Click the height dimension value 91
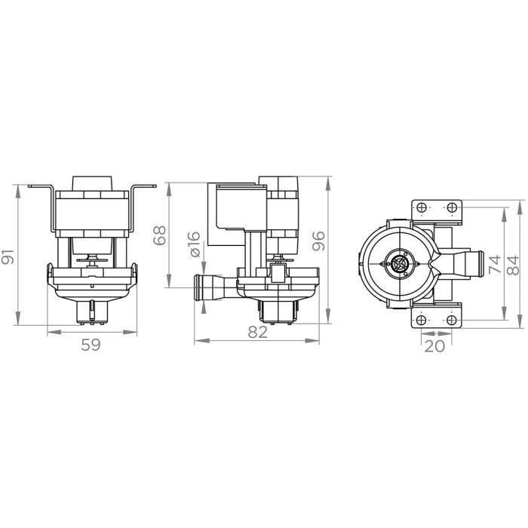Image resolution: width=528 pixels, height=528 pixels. (x=8, y=256)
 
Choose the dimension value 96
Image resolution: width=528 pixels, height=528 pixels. (x=318, y=240)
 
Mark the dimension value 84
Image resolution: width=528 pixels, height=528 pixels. (x=513, y=265)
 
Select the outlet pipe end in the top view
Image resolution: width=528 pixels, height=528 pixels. (x=473, y=265)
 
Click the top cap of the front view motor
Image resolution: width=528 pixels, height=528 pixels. (x=92, y=183)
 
